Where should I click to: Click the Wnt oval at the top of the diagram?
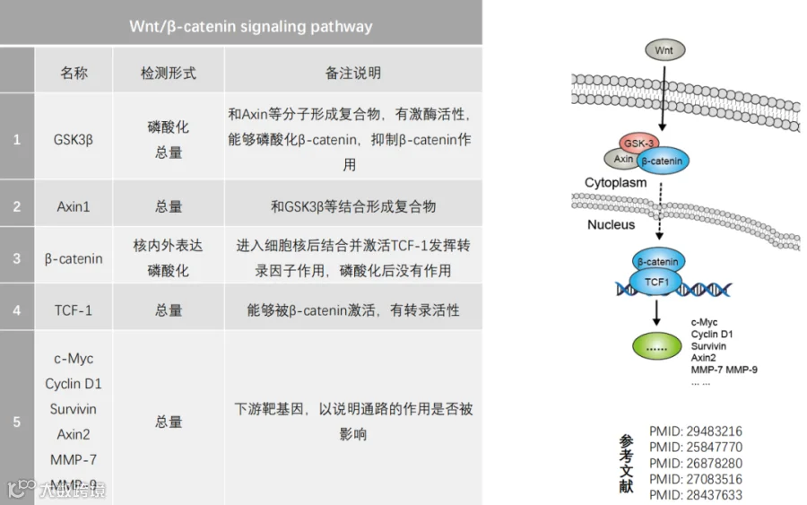[664, 50]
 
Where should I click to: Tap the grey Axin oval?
[624, 159]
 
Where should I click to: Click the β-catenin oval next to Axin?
[662, 161]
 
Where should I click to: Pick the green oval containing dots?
[657, 346]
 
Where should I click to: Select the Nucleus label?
[611, 224]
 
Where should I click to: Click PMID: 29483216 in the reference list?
[696, 431]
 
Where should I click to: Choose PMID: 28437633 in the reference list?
[696, 494]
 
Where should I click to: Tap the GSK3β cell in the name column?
[74, 140]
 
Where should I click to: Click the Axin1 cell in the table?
[74, 206]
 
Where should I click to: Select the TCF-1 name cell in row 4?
[74, 310]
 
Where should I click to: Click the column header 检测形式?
[169, 73]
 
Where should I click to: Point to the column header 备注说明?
[352, 73]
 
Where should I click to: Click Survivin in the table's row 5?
[74, 409]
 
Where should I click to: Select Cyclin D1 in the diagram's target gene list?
[712, 334]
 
